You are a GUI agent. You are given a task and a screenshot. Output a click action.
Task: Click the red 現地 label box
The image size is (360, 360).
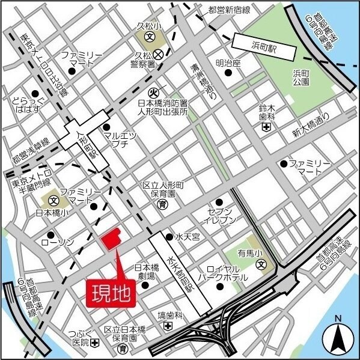112,293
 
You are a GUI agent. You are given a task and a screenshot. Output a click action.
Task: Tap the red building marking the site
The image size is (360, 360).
111,240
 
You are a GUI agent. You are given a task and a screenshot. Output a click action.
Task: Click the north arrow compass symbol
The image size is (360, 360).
338,339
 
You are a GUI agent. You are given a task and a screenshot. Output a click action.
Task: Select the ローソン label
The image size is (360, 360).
57,242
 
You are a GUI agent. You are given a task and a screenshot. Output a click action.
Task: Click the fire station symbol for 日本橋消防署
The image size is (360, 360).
153,93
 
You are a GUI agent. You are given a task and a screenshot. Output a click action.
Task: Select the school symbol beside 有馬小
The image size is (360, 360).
260,264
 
